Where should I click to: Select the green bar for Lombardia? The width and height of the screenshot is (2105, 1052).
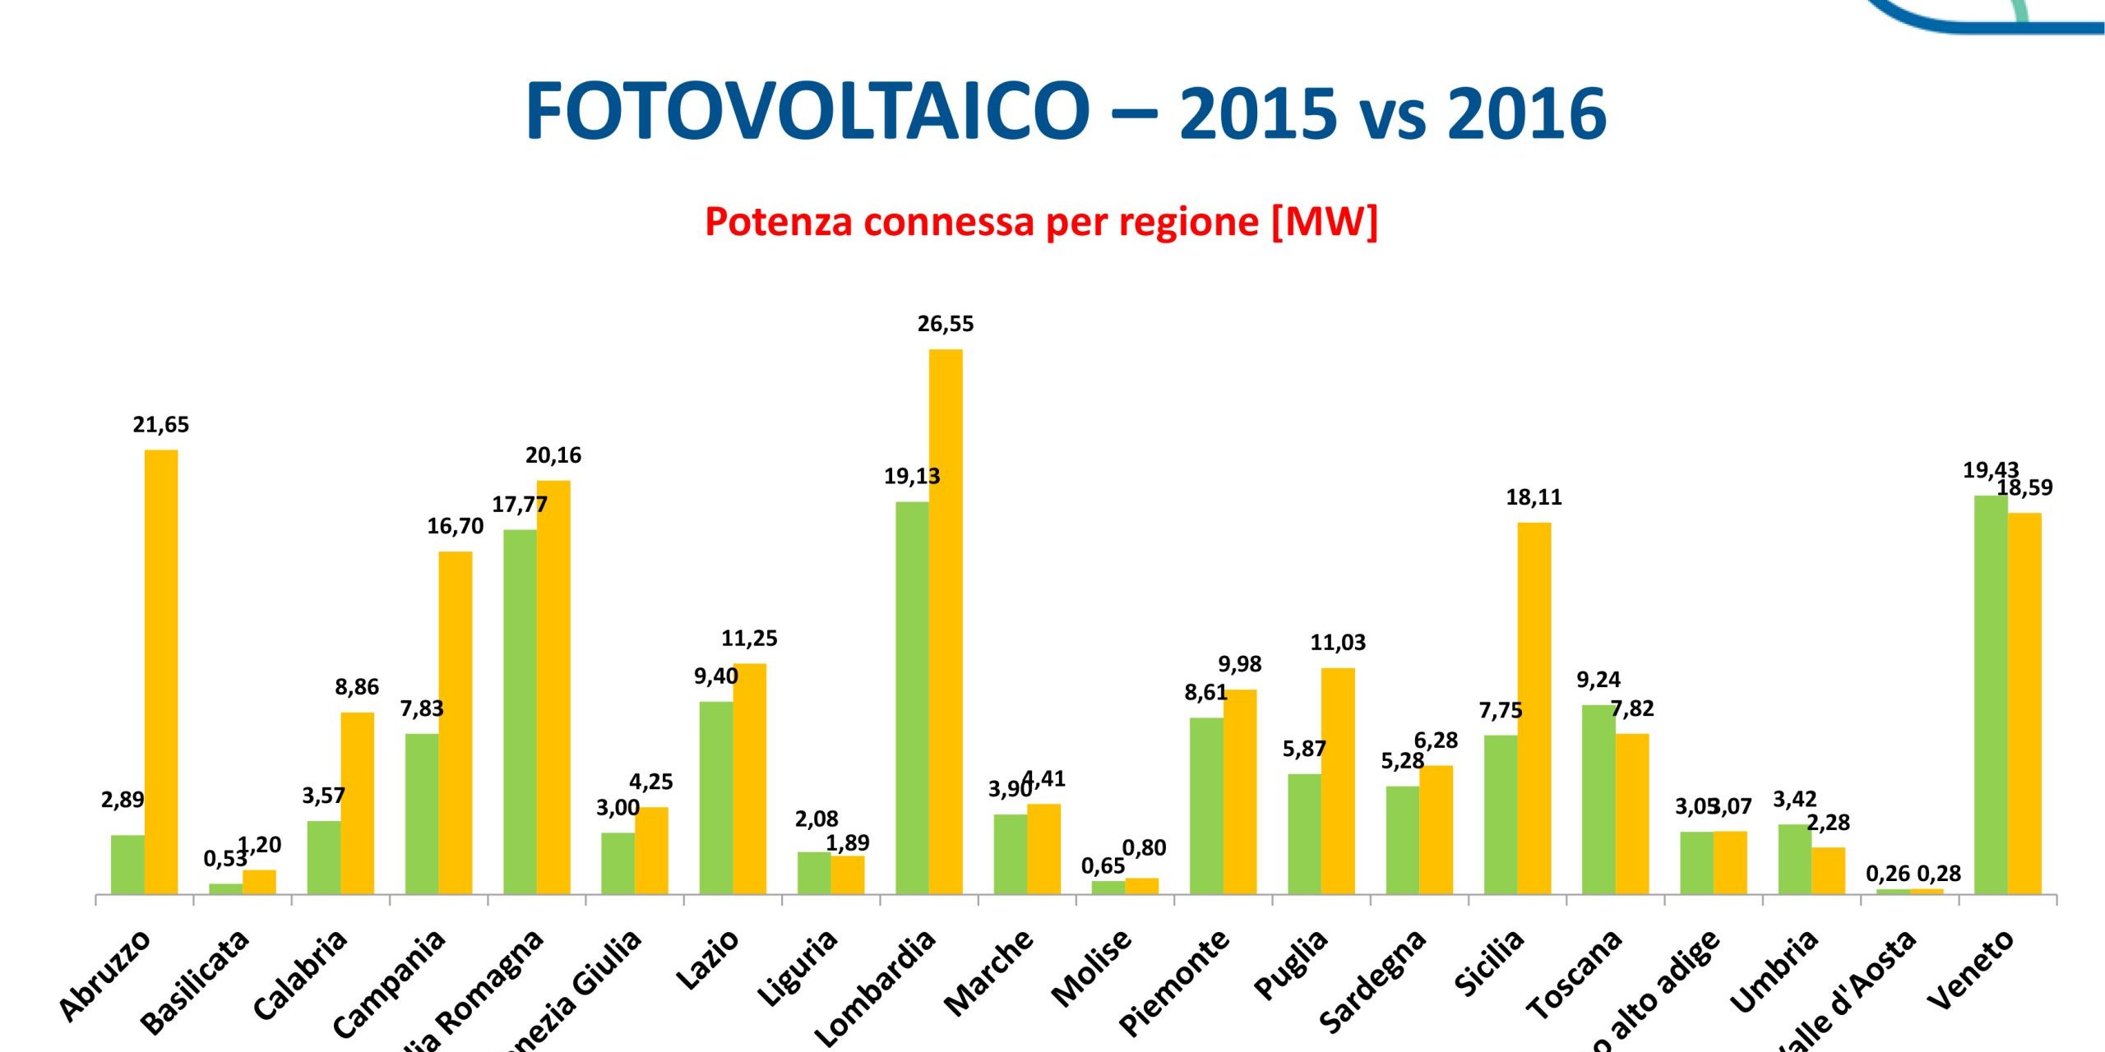point(912,698)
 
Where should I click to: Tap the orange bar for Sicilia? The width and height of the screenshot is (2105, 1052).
point(1534,708)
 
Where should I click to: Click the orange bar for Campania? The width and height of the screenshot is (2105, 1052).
point(455,722)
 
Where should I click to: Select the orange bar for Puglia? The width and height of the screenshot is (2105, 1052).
point(1338,781)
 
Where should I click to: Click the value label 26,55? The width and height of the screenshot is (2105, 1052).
point(945,324)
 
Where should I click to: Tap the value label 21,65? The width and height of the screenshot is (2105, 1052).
point(160,425)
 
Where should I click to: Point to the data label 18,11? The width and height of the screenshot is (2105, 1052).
point(1534,497)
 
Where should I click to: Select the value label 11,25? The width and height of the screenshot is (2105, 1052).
point(749,639)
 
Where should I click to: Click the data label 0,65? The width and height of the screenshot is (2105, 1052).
point(1103,866)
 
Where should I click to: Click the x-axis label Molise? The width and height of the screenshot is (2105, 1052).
point(1092,968)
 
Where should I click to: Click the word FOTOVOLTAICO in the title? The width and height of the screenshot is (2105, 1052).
point(807,112)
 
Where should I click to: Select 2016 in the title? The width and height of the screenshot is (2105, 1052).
point(1526,113)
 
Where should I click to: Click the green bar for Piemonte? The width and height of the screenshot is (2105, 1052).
point(1206,805)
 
